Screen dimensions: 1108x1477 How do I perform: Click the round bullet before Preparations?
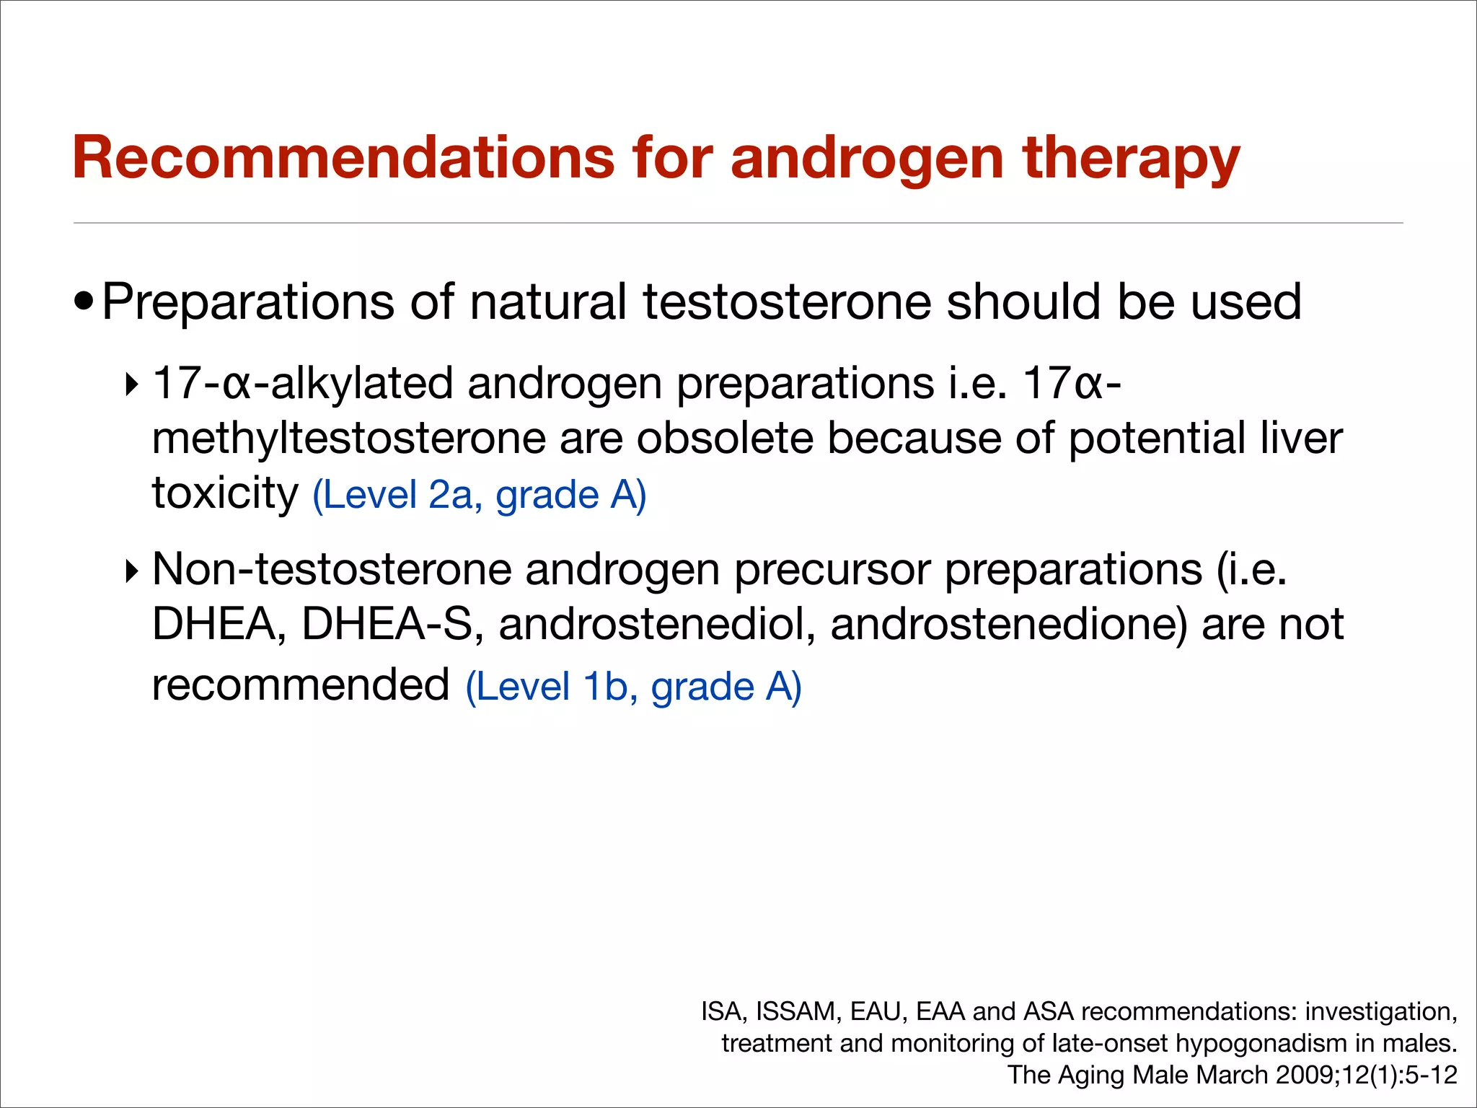(84, 301)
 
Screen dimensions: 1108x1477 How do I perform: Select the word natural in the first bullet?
(547, 302)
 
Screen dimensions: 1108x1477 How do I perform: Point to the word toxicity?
(224, 495)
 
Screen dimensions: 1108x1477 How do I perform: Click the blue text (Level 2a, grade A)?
(479, 496)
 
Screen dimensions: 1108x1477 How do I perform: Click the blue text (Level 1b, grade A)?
(633, 687)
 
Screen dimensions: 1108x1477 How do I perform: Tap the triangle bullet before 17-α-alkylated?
(131, 384)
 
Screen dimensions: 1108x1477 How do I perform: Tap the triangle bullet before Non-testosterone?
(131, 571)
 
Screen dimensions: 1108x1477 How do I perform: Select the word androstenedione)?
(1008, 625)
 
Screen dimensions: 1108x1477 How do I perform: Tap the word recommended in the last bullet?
(301, 685)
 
